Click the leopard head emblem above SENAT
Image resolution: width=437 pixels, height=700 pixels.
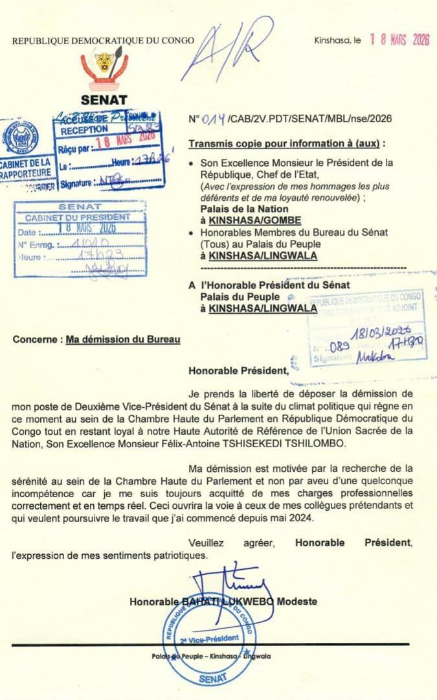[x=104, y=63]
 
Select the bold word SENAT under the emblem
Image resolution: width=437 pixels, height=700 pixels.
[x=104, y=100]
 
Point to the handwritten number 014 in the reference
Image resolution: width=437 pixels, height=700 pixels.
[x=214, y=119]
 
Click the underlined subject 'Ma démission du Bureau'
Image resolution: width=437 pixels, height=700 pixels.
[x=123, y=339]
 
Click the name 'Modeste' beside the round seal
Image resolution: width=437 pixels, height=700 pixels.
[x=297, y=601]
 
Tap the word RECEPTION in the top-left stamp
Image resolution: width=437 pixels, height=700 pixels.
[x=85, y=130]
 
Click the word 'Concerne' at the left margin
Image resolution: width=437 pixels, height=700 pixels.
[x=36, y=339]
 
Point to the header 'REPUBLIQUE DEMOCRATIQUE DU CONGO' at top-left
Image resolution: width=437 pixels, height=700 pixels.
[x=103, y=40]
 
